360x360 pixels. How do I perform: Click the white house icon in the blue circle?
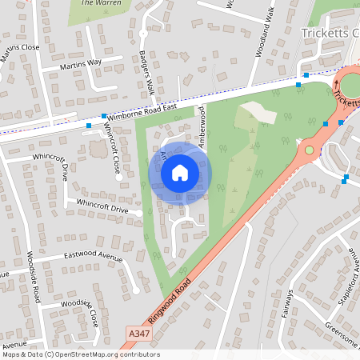pyautogui.click(x=180, y=172)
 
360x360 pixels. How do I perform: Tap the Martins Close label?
pyautogui.click(x=21, y=48)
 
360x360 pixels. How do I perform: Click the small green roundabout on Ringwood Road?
pyautogui.click(x=310, y=149)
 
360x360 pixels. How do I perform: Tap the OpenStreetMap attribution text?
pyautogui.click(x=80, y=354)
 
